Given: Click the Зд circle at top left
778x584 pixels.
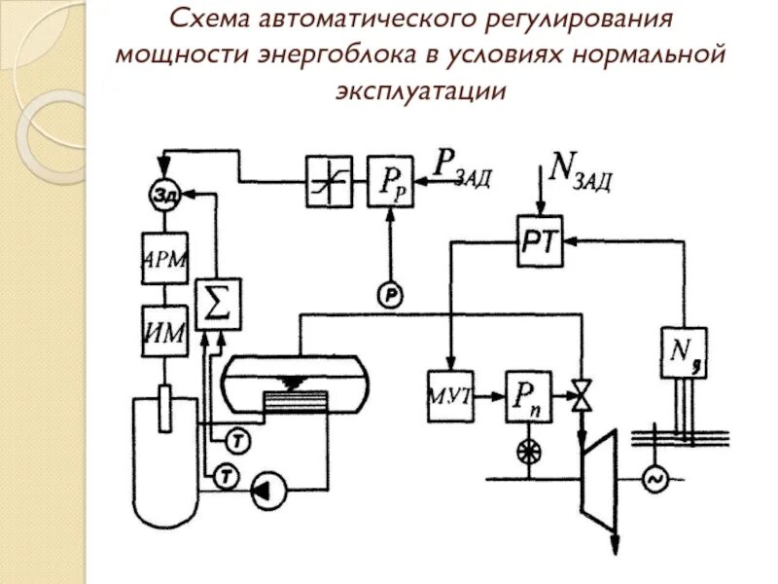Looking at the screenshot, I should (165, 194).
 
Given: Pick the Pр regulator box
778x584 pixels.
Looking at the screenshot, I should (390, 182).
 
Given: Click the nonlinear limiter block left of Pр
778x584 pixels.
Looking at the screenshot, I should (328, 182).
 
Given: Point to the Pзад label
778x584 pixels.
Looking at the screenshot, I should (462, 168).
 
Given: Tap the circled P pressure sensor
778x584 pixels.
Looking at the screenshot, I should (390, 295).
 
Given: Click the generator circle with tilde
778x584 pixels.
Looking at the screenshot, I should (651, 478).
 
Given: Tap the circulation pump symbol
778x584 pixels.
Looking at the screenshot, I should (266, 493).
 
